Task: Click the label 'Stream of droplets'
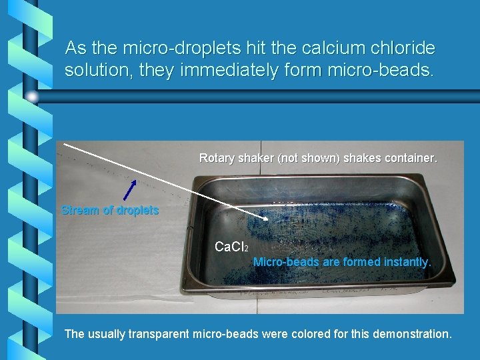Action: (110, 211)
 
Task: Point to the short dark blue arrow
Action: (130, 189)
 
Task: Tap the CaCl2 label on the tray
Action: (231, 247)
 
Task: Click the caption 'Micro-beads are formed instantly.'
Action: (342, 262)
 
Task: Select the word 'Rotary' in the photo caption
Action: (217, 158)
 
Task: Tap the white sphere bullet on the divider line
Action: (32, 97)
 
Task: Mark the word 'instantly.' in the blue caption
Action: (407, 262)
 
